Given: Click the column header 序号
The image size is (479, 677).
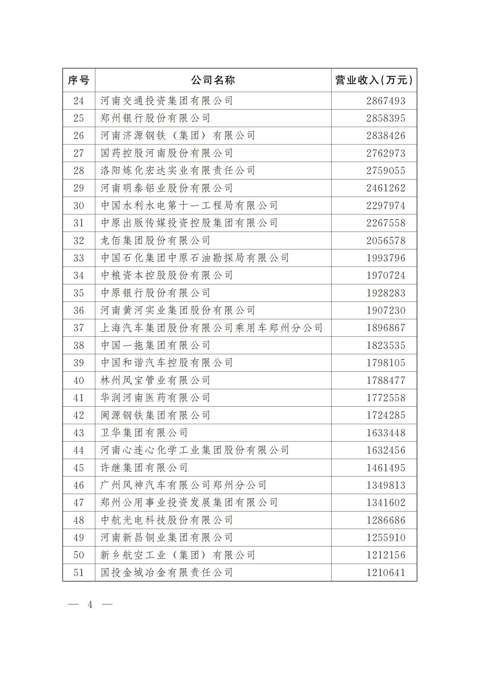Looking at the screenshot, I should coord(79,80).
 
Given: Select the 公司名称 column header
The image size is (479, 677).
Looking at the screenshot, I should coord(213,80).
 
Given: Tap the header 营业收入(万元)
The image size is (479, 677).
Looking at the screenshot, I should coord(374,80).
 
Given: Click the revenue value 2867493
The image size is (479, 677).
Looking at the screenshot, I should coord(386,101).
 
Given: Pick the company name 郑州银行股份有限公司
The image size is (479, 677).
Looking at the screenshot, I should coord(155,118).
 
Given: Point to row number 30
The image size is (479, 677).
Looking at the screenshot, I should coord(79,206).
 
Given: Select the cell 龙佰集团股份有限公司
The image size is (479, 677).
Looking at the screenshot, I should coord(155,241).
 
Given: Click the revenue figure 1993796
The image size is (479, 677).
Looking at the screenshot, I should coord(386,258).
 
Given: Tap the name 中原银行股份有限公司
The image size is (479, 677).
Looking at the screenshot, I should coord(155,293).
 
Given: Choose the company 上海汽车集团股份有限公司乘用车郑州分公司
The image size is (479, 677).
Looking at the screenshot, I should coord(212,328).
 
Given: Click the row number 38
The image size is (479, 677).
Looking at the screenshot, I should coord(79,345).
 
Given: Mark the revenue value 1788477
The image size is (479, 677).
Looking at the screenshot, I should coord(386,380).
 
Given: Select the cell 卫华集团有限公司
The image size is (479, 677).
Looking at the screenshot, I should coord(144,433).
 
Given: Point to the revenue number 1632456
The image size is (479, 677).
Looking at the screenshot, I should coord(386,450).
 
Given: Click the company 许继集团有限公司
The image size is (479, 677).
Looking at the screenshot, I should coord(144,468).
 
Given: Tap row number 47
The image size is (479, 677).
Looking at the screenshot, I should coord(79,503).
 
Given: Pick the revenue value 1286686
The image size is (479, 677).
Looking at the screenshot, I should coord(386,520).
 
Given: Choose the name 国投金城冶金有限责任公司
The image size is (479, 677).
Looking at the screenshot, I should coord(166,573).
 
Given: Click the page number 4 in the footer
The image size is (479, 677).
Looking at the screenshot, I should coord(90,605).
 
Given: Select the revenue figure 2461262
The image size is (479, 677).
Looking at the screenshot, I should coord(386,188).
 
